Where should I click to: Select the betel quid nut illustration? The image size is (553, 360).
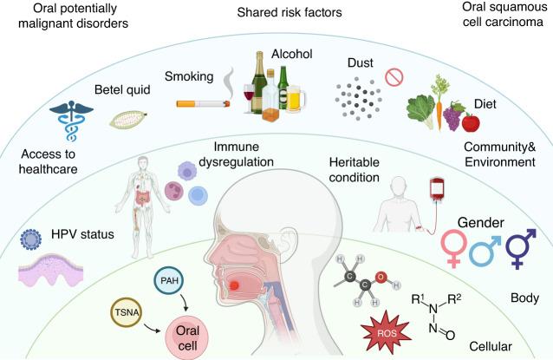pos(127,116)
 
